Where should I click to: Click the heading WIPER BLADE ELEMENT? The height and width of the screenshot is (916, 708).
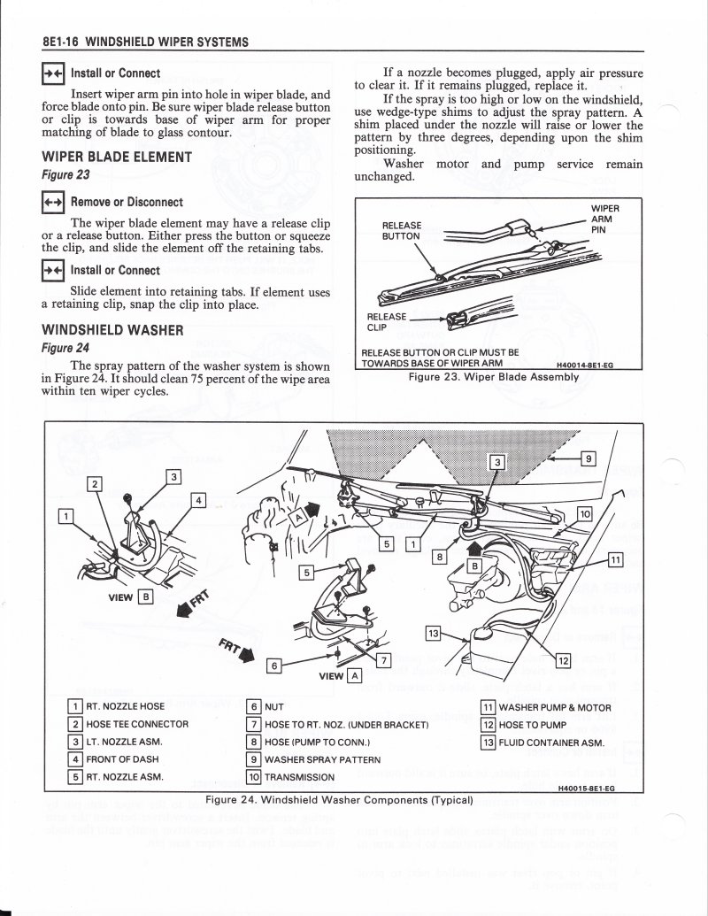coord(116,158)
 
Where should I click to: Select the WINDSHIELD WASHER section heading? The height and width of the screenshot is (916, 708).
coord(112,331)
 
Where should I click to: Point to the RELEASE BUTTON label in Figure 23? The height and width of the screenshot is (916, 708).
coord(402,231)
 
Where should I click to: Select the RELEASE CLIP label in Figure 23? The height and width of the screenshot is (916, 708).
coord(388,321)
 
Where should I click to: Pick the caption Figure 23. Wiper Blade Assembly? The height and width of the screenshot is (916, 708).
coord(493,376)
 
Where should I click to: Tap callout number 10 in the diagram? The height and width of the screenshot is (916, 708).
coord(584,513)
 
